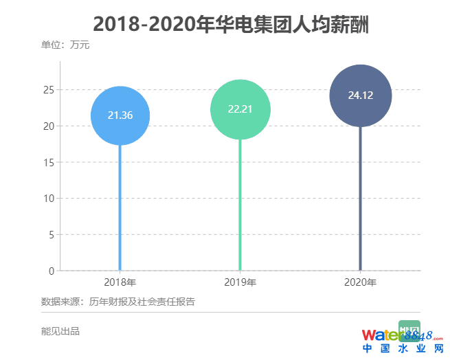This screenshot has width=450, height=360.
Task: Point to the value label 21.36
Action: tap(120, 115)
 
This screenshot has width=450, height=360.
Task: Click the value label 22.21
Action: tap(240, 109)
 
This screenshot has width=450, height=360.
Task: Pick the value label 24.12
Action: tap(361, 95)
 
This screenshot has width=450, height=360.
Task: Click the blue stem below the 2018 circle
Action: tap(120, 206)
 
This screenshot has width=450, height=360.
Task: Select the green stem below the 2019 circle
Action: tap(240, 206)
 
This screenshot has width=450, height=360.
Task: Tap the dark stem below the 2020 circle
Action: tap(361, 206)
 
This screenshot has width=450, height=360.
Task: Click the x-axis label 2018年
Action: tap(120, 282)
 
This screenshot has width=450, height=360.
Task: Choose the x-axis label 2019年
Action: tap(240, 282)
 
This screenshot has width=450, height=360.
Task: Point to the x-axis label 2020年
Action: tap(361, 282)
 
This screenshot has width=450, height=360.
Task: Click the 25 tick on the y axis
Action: tap(49, 90)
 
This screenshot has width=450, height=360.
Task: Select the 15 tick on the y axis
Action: tap(49, 162)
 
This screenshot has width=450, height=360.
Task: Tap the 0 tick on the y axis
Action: tap(52, 271)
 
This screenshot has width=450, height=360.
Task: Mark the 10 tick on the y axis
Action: tap(49, 199)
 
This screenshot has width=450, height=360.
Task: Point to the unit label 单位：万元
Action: tap(65, 45)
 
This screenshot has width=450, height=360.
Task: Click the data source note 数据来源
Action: tap(118, 301)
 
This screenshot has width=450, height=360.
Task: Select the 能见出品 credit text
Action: tap(60, 331)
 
